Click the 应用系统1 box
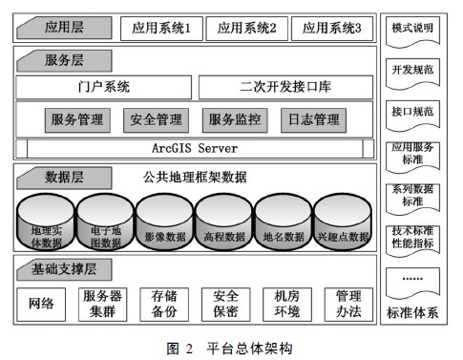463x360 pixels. click(161, 28)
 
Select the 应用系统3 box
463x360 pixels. click(331, 28)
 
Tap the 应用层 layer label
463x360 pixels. click(65, 28)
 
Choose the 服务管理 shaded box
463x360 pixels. click(77, 120)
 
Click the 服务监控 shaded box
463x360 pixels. click(234, 120)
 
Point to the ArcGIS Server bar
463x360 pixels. click(195, 149)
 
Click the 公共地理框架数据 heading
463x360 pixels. click(208, 178)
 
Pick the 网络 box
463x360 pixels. click(41, 305)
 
